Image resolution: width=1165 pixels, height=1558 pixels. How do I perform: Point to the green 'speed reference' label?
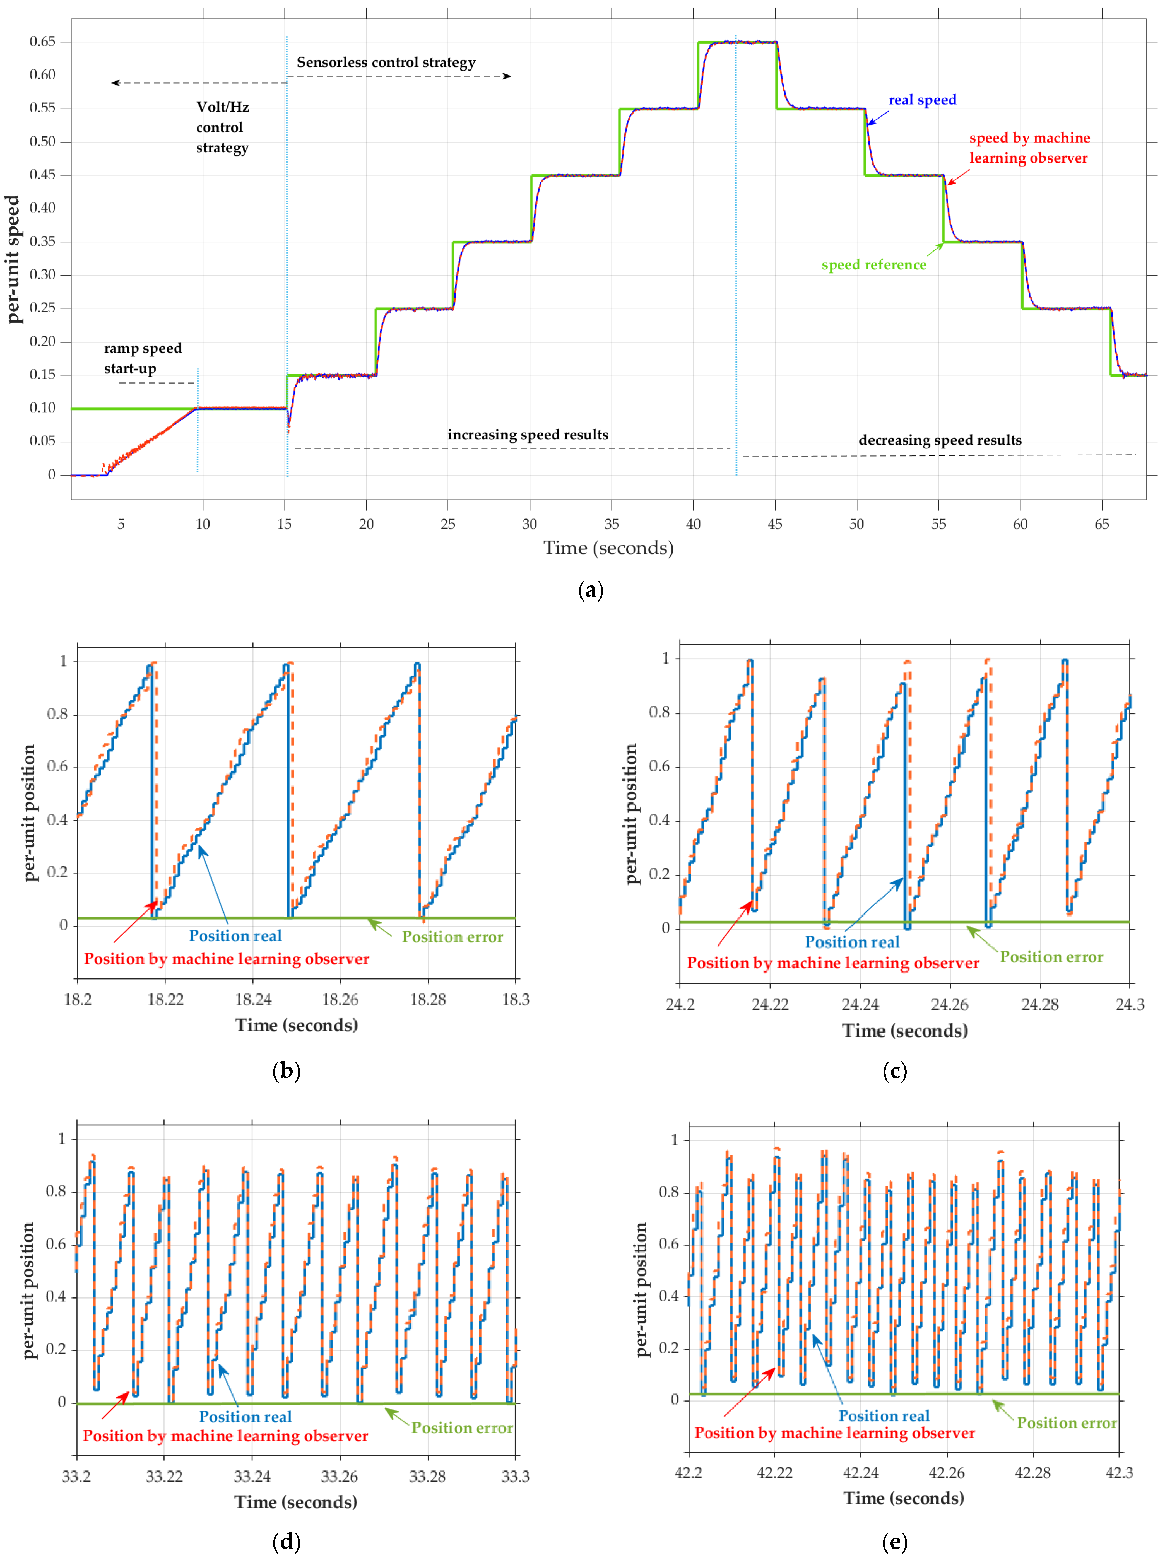[873, 265]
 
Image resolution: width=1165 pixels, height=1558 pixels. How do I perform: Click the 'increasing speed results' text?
[528, 435]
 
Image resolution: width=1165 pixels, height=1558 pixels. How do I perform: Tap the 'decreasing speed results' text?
[940, 440]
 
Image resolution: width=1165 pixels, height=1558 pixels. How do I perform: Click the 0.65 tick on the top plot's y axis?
[42, 42]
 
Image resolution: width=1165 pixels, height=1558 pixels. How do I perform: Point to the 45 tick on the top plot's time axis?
[775, 524]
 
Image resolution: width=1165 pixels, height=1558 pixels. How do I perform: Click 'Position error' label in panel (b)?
[452, 937]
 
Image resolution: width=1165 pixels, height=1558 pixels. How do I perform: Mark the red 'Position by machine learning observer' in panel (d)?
[225, 1436]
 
